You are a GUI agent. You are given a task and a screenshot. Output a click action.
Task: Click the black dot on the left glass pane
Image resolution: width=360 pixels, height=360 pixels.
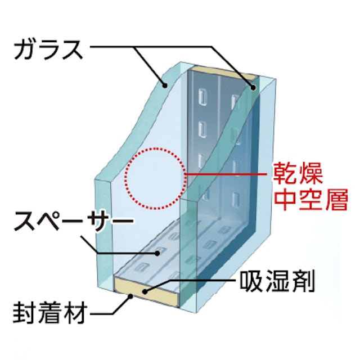tap(165, 85)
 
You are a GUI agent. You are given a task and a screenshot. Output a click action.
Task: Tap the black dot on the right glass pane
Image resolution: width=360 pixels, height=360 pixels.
tap(254, 87)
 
